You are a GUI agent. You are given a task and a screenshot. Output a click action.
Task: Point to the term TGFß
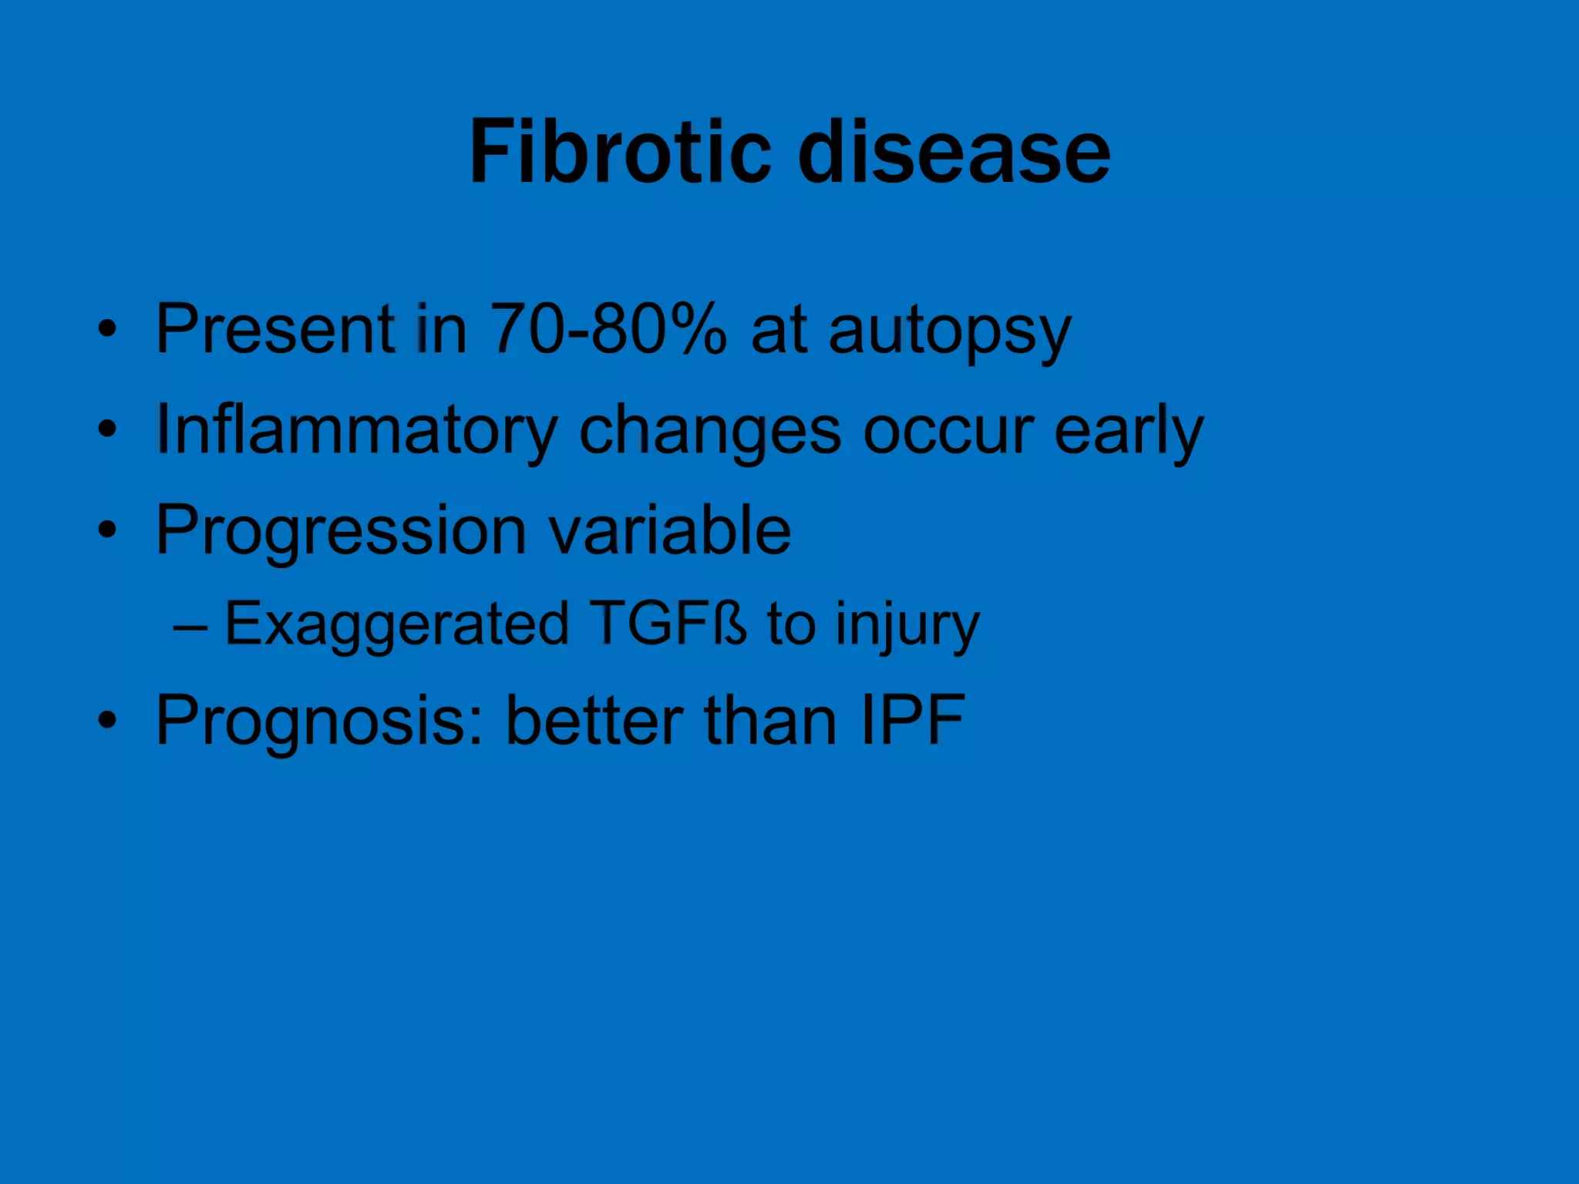[668, 623]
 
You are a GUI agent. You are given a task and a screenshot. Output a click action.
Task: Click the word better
[594, 720]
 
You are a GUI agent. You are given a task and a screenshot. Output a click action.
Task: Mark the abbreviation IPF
[913, 720]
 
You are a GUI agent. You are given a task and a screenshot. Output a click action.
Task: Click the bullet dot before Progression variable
[108, 530]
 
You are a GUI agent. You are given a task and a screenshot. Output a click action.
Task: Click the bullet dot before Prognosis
[108, 721]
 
